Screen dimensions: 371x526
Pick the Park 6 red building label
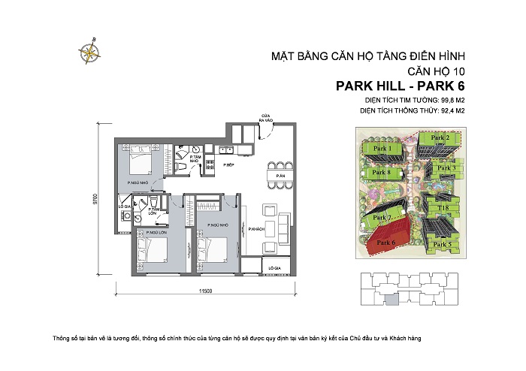tap(386, 243)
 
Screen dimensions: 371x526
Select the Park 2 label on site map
tap(440, 138)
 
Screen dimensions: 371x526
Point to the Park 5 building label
tap(443, 244)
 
